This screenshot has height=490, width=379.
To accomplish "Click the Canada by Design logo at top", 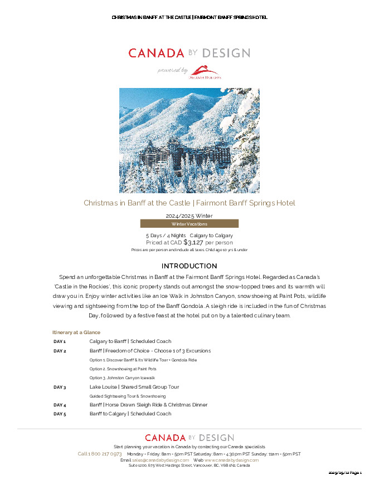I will pos(189,53).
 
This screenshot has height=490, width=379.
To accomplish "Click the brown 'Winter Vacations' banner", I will pos(189,224).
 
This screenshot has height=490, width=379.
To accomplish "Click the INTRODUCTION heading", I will pos(189,266).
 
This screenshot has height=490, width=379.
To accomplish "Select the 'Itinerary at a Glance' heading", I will pos(76,332).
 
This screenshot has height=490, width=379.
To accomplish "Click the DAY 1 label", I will pos(60,341).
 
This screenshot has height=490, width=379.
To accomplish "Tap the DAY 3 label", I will pos(60,387).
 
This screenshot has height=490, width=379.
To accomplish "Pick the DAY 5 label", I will pos(60,414).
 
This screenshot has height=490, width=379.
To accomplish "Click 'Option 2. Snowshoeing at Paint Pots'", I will pos(123,369).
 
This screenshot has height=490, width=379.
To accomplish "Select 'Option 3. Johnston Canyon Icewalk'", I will pos(122,378).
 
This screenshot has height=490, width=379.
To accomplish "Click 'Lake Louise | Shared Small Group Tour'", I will pos(133,387).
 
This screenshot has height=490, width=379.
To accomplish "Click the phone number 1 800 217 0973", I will pos(100,454).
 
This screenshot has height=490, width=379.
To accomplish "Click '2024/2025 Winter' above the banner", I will pos(189,215).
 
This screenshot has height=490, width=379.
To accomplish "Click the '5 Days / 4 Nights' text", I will pos(166,236).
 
